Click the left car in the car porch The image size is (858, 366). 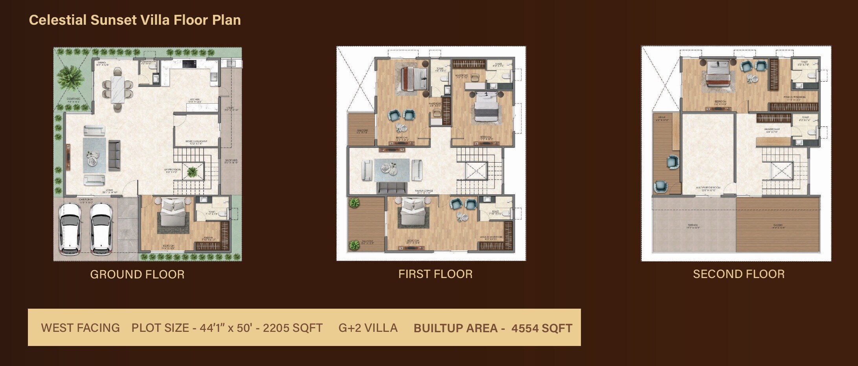point(70,229)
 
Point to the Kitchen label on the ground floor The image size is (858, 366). point(195,100)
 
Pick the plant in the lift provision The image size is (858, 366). point(193,172)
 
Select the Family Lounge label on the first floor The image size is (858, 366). point(424,191)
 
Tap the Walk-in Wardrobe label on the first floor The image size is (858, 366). point(491,238)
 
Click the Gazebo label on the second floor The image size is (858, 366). point(778,226)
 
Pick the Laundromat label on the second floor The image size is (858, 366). point(772,130)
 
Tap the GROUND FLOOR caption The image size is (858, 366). point(137,274)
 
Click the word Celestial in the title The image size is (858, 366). point(58,20)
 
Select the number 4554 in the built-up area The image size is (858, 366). point(524,328)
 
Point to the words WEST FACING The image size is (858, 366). point(80,328)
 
